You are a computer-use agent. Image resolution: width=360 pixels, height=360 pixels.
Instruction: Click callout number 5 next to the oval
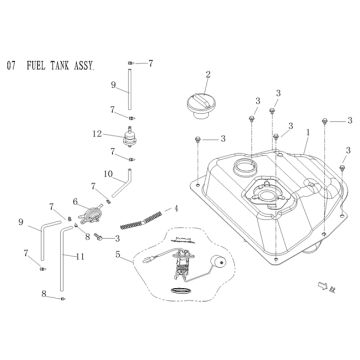pos(118,255)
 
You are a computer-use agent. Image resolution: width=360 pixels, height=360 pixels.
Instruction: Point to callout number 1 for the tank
pos(309,131)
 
